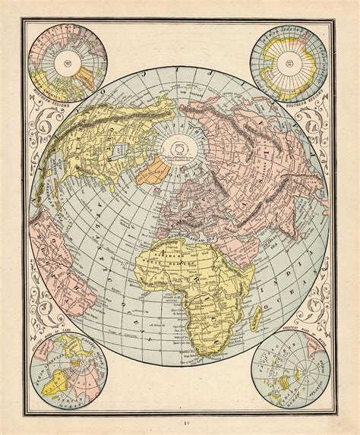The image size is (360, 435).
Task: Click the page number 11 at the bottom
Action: (x=180, y=426)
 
